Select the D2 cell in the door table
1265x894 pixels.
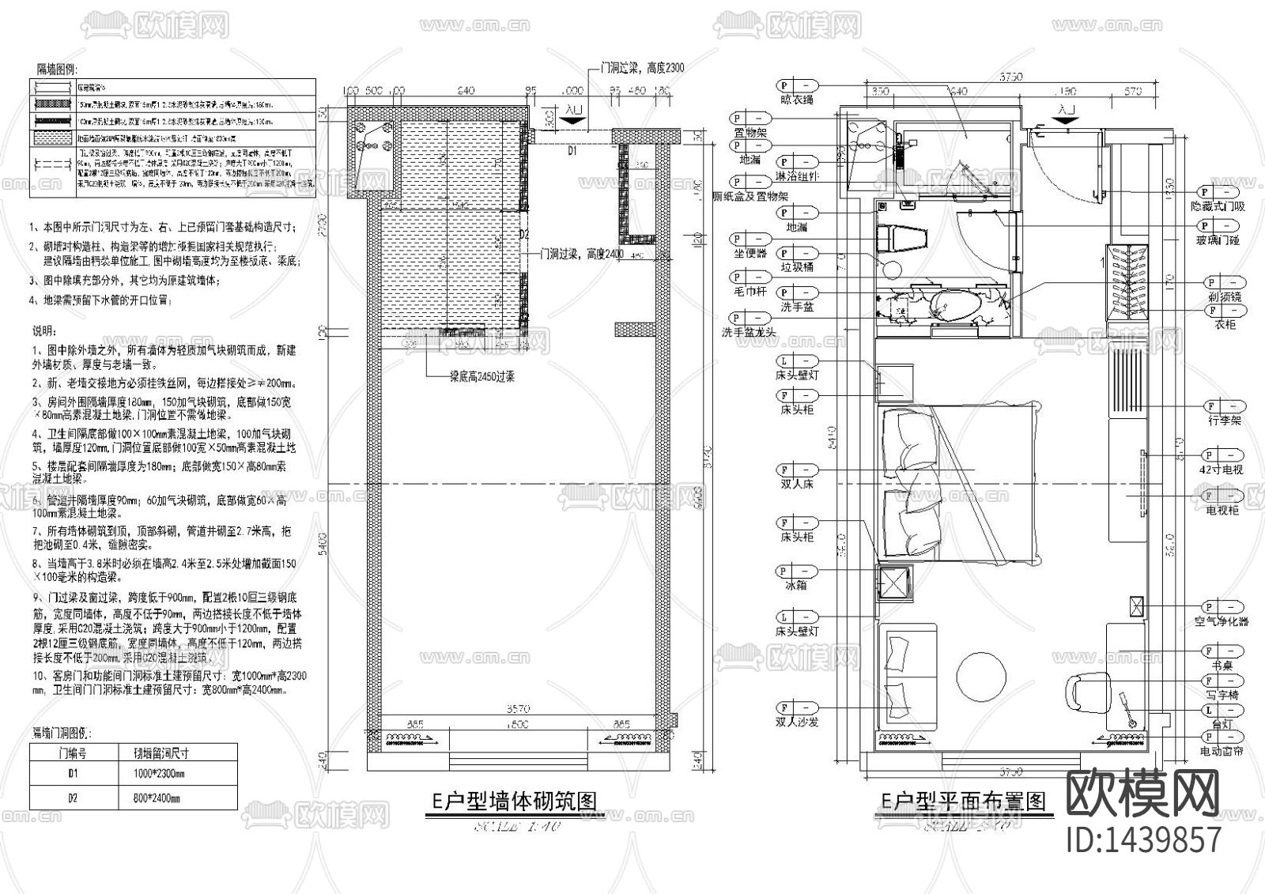tap(72, 798)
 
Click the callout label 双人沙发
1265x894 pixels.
tap(798, 722)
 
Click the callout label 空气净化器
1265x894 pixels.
tap(1223, 622)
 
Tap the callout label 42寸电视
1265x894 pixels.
tap(1221, 470)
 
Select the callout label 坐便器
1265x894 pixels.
tap(750, 254)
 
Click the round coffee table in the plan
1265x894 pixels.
tap(982, 676)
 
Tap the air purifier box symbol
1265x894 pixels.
tap(1136, 606)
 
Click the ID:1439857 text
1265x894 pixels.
tap(1143, 839)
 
